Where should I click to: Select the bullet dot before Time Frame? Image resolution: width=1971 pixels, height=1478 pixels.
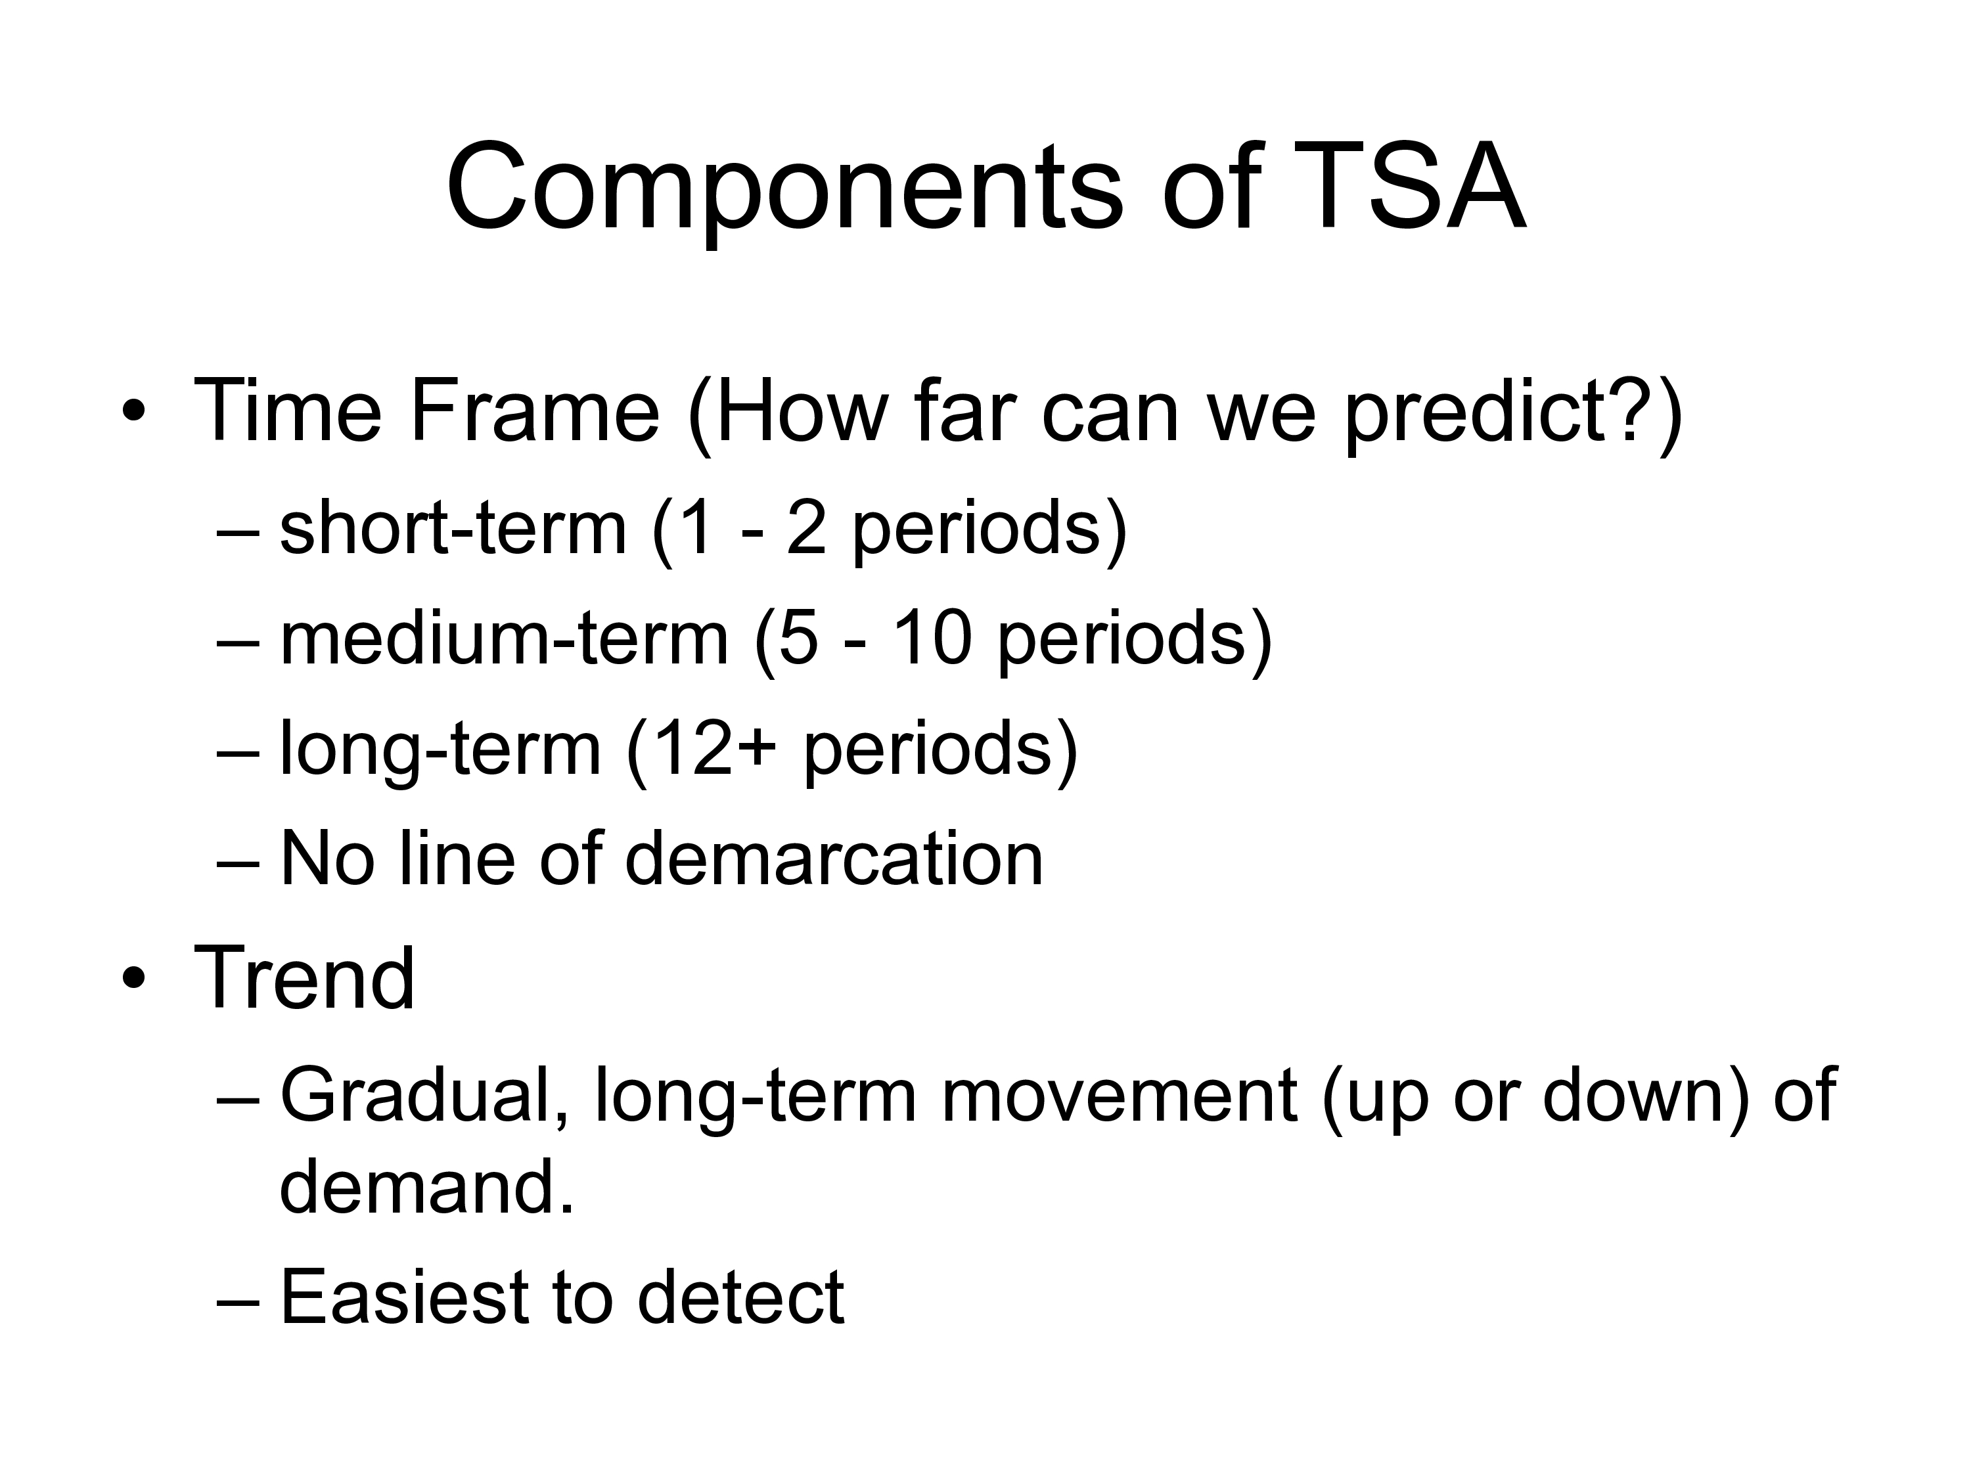[x=133, y=413]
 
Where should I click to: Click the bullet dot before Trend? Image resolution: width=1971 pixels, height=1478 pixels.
[x=133, y=979]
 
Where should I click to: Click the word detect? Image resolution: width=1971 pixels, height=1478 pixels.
[x=740, y=1297]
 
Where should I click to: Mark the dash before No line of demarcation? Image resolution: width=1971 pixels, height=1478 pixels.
[x=238, y=862]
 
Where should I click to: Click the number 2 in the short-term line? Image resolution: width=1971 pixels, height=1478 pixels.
[x=806, y=528]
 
